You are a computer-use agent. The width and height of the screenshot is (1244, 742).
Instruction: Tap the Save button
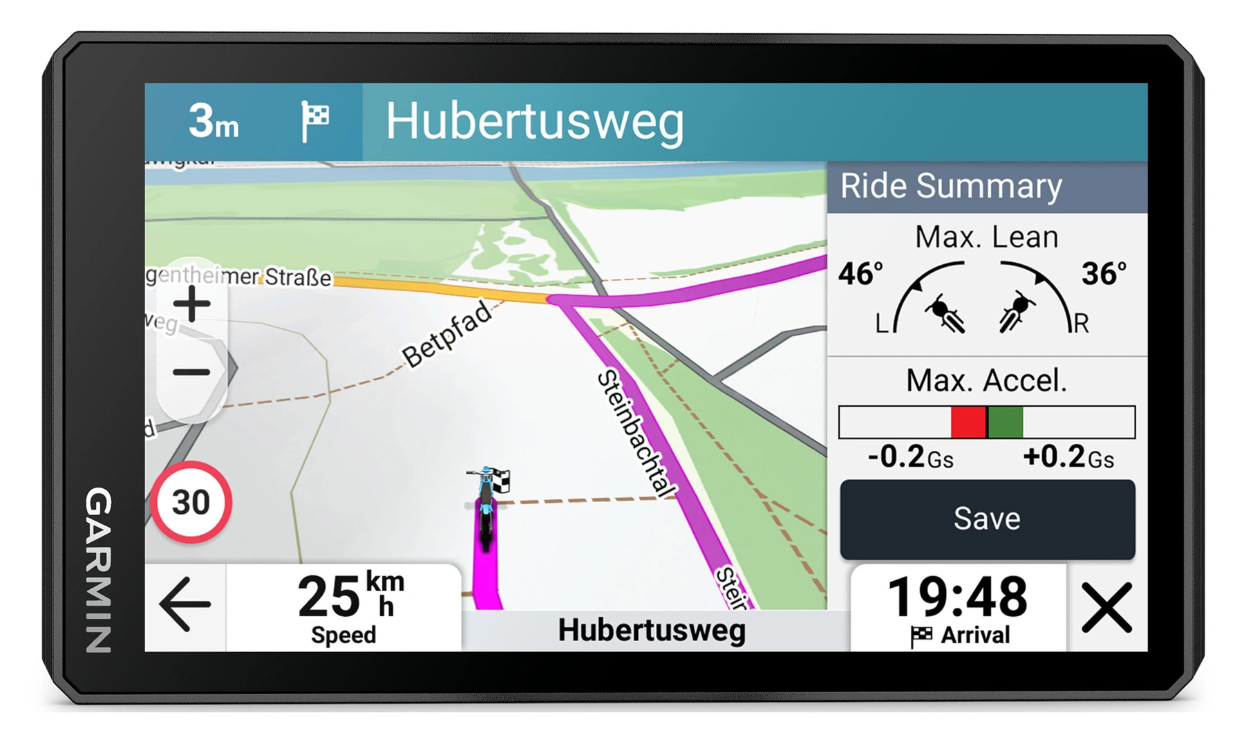[987, 519]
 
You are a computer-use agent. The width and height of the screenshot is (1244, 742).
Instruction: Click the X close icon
[1106, 607]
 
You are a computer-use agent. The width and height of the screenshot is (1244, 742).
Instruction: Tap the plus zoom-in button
[192, 304]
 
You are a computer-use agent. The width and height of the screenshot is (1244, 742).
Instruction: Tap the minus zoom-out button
[191, 373]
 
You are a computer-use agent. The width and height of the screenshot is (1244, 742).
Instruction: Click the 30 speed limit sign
[191, 502]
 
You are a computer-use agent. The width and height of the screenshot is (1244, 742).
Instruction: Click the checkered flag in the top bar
[315, 121]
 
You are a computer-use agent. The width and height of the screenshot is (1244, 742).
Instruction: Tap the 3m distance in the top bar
[214, 122]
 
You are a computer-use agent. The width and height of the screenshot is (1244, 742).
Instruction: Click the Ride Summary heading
[951, 186]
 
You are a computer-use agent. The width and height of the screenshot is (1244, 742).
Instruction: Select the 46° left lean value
[860, 274]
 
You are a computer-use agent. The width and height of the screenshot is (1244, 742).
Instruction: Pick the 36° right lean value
[1104, 274]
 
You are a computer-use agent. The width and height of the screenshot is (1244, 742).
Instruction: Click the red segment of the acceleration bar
[968, 422]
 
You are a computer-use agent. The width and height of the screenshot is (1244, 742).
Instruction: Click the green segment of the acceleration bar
[1005, 422]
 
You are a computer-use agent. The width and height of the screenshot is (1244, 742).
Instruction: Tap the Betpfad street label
[448, 335]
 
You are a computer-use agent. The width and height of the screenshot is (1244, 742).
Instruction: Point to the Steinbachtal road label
[637, 433]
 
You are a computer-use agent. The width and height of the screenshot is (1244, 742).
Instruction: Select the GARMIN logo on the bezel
[99, 570]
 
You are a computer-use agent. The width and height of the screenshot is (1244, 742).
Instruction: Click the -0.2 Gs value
[910, 457]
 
